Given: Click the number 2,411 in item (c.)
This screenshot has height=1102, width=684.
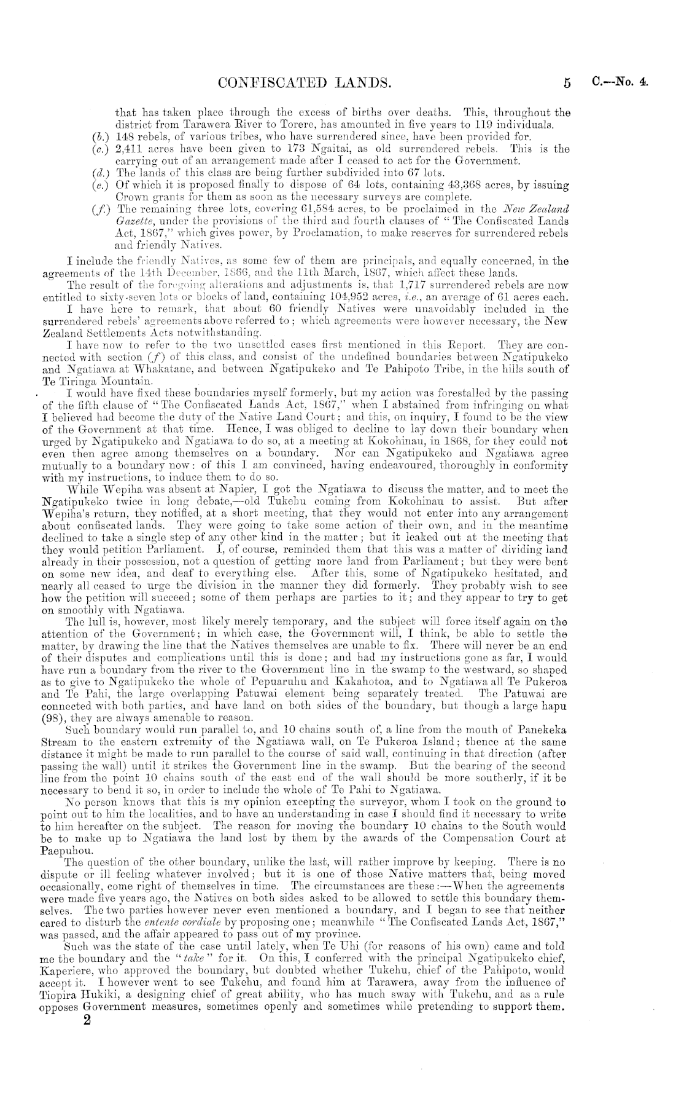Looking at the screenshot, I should pyautogui.click(x=130, y=149).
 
